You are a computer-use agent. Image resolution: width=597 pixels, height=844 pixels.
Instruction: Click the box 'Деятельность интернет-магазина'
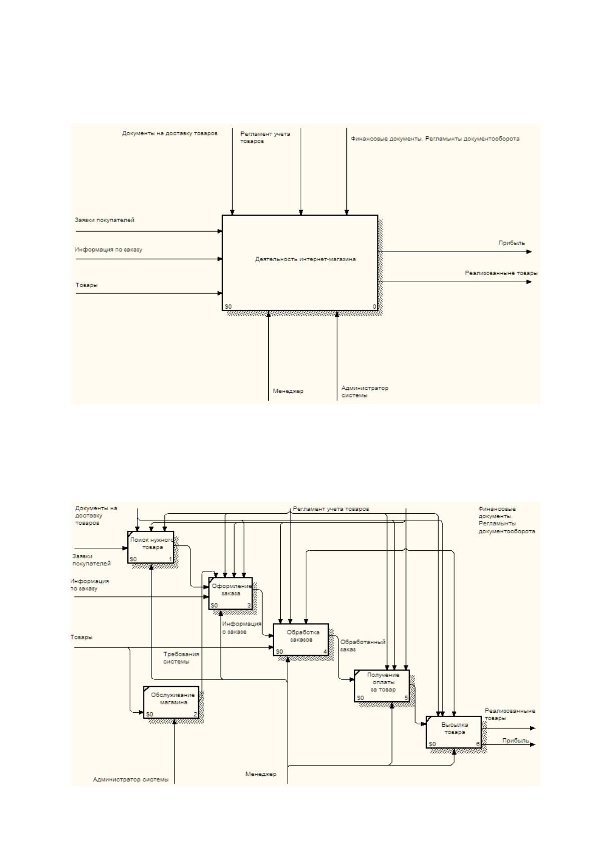click(x=300, y=263)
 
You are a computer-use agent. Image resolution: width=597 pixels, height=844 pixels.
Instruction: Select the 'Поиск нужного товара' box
click(x=151, y=547)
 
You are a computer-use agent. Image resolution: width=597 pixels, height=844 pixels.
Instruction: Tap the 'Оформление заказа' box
click(x=230, y=593)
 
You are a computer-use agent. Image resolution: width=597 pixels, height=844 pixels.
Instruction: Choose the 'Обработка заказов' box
click(x=301, y=640)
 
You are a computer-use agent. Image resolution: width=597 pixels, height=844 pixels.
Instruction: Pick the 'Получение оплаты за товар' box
click(x=382, y=686)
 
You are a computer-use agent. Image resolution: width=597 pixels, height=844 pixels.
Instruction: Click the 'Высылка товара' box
click(x=454, y=732)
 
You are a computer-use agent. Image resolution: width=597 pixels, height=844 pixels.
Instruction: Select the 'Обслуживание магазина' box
click(x=171, y=702)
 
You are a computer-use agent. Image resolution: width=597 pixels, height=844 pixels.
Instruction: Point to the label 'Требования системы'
click(x=181, y=658)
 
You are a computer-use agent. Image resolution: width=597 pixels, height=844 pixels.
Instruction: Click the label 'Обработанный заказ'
click(x=362, y=646)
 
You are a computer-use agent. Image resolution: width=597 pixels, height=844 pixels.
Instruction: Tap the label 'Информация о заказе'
click(x=241, y=627)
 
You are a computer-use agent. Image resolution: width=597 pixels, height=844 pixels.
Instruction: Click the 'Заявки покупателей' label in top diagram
click(x=104, y=220)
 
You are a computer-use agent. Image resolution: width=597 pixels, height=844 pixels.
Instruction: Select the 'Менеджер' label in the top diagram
click(x=288, y=391)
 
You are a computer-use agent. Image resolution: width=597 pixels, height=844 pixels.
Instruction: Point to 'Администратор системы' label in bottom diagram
click(x=131, y=779)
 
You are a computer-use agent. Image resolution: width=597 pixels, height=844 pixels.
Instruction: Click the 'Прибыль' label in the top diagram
click(x=511, y=243)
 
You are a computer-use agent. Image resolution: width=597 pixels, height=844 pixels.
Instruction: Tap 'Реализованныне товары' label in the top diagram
click(x=501, y=273)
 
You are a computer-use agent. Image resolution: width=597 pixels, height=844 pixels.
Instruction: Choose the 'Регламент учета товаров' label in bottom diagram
click(x=331, y=509)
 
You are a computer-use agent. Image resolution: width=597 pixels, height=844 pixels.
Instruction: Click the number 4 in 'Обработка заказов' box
click(x=325, y=652)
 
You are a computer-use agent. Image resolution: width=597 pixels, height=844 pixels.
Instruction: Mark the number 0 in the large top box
click(x=374, y=307)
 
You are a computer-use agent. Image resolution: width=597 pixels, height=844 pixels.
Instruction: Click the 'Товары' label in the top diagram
click(x=86, y=285)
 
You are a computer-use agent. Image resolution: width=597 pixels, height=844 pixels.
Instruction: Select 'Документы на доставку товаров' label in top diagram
click(x=169, y=133)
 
